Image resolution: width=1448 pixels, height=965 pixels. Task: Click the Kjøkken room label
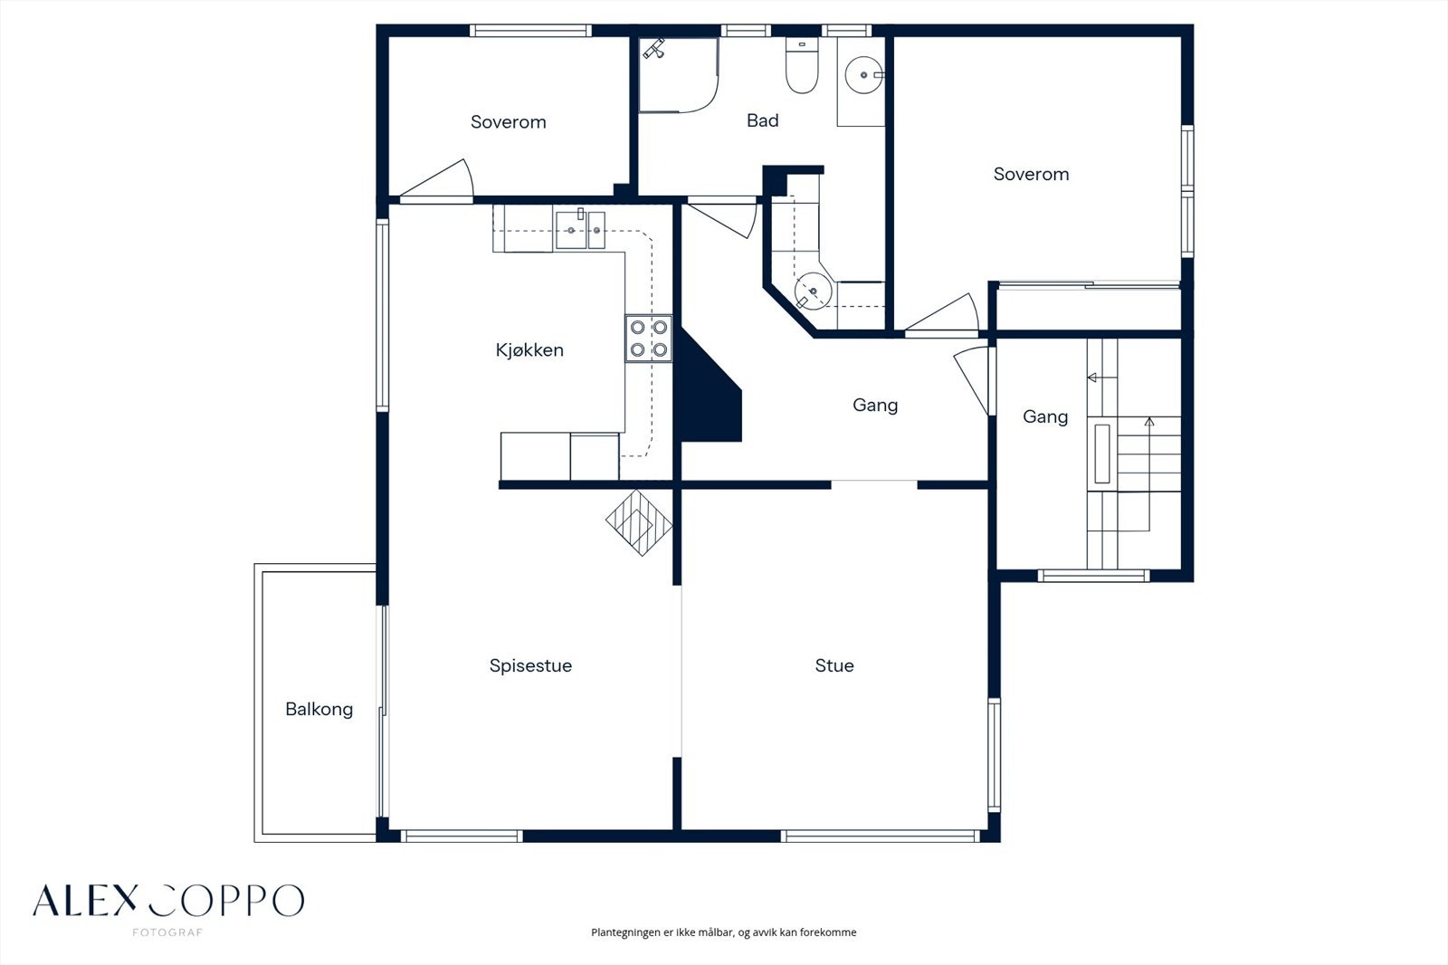click(x=529, y=350)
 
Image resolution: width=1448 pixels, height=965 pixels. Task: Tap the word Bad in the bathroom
click(x=762, y=120)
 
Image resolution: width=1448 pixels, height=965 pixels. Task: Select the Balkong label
click(x=319, y=710)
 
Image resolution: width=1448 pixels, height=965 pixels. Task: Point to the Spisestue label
click(x=530, y=665)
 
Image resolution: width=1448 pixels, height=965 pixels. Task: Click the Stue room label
click(x=834, y=665)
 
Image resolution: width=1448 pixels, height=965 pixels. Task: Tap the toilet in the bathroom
click(x=802, y=65)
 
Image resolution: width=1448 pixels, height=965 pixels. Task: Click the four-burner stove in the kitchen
click(x=648, y=339)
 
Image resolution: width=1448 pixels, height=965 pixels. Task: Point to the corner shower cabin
click(x=678, y=75)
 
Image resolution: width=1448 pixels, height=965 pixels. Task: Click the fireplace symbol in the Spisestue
click(x=639, y=522)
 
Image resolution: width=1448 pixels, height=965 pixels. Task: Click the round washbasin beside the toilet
click(x=863, y=75)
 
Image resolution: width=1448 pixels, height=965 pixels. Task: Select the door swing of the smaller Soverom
click(x=437, y=178)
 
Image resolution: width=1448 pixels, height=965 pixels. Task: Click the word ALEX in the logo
click(x=85, y=901)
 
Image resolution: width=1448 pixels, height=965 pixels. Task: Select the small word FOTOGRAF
click(x=167, y=932)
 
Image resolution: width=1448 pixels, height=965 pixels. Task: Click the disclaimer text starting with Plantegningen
click(x=723, y=932)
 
